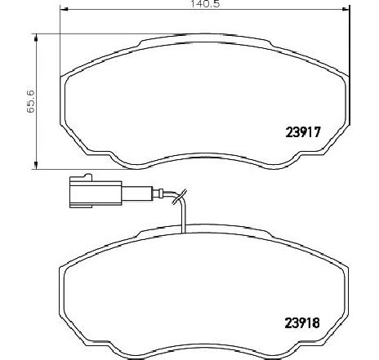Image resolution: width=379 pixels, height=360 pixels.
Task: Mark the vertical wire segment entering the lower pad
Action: (x=185, y=216)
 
